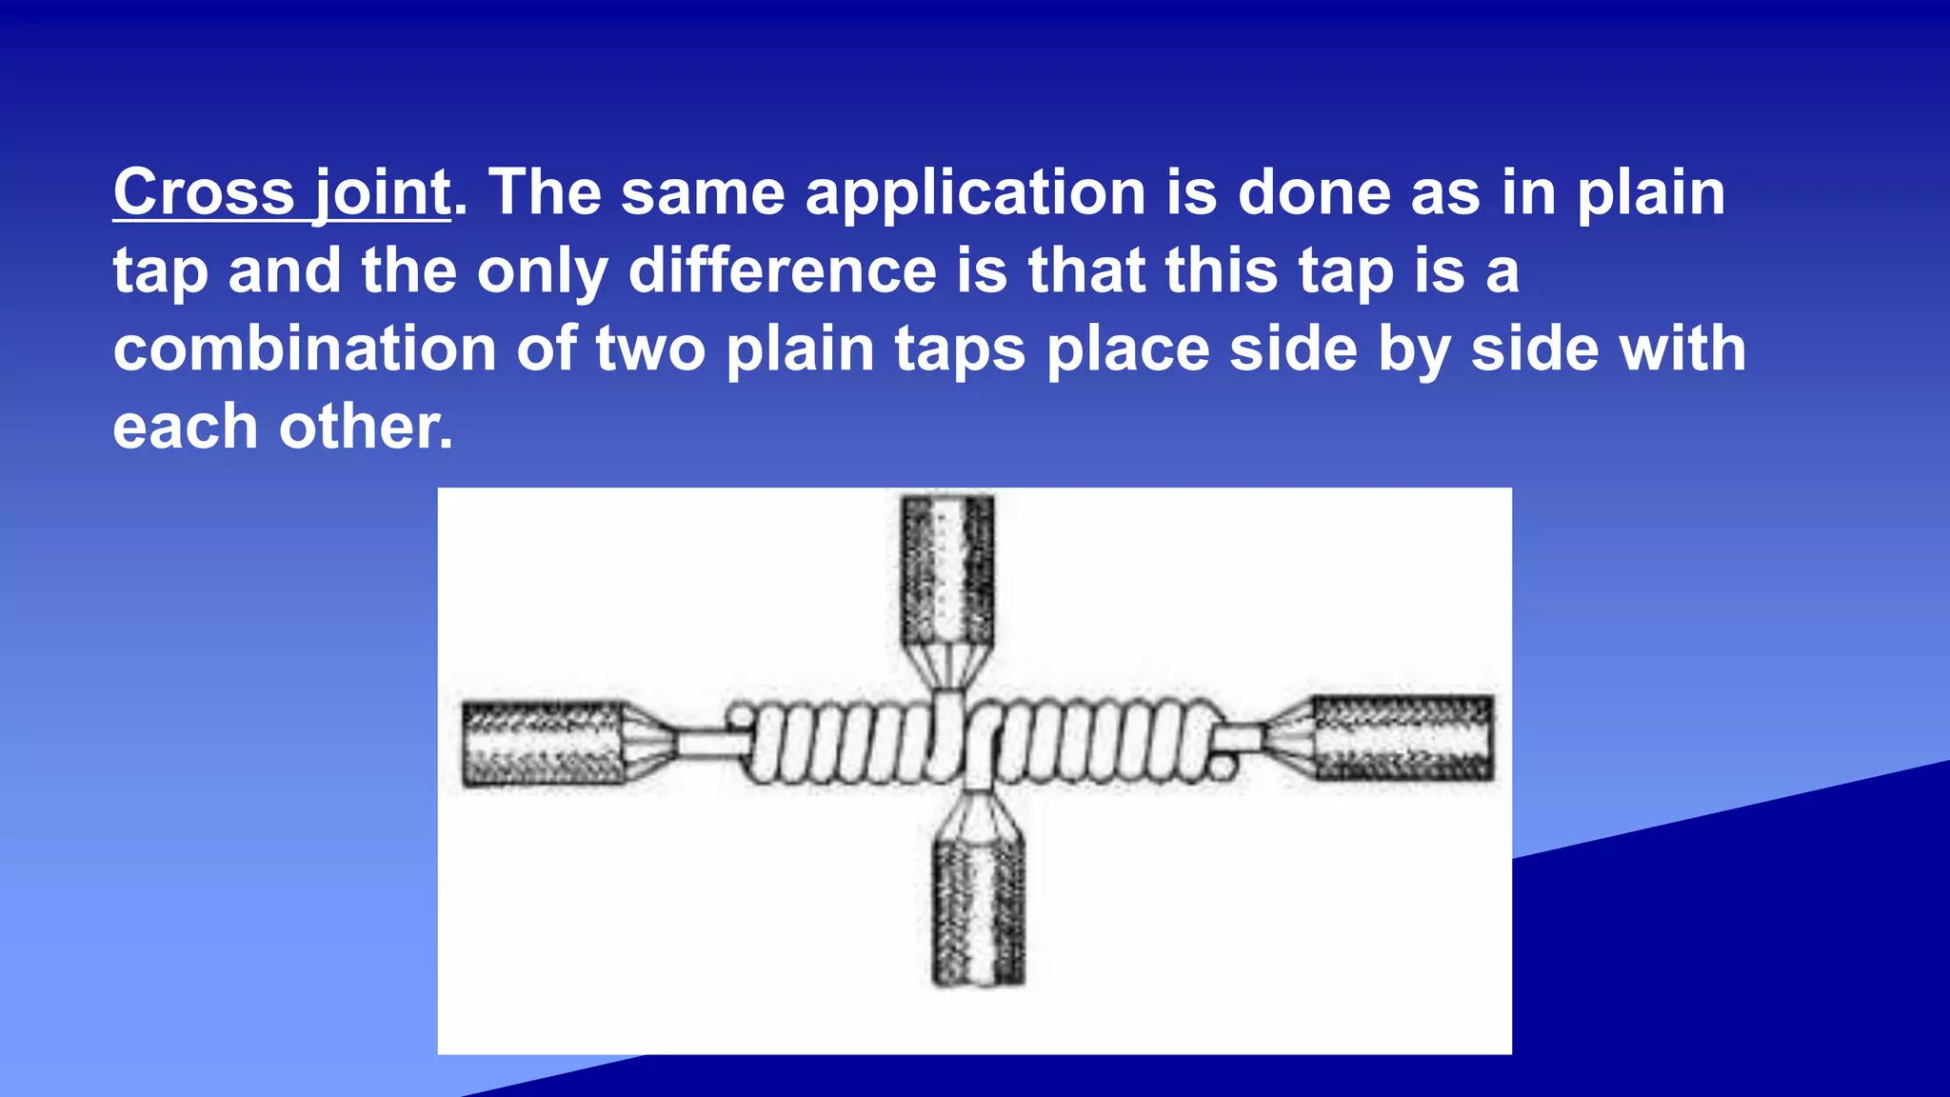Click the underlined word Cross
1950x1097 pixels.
[x=204, y=193]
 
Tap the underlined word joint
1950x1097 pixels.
[x=381, y=193]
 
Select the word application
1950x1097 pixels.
[x=975, y=193]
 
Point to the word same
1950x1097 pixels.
[x=703, y=193]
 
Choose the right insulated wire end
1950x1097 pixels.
[x=1402, y=738]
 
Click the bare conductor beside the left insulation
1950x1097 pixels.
[x=712, y=742]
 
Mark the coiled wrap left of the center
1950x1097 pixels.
[x=838, y=743]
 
